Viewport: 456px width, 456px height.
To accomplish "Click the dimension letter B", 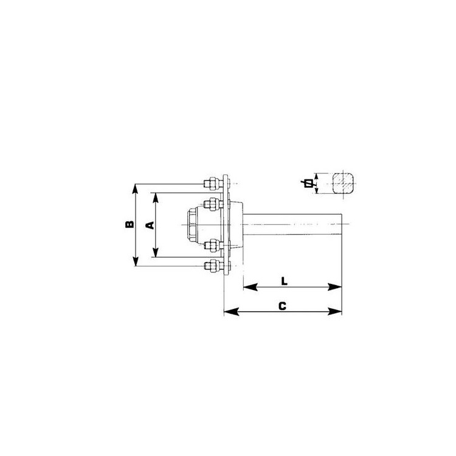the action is (130, 224).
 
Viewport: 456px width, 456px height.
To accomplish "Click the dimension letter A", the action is (150, 225).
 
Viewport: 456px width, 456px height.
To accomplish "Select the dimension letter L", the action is (284, 282).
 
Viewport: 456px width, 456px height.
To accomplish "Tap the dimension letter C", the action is (282, 306).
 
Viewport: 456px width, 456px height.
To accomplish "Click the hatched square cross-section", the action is (344, 184).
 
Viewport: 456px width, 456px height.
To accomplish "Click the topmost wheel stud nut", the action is (212, 184).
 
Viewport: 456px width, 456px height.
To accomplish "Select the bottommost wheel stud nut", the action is (212, 266).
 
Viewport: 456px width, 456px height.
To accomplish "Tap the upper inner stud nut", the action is (212, 204).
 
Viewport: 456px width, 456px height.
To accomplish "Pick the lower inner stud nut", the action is (212, 246).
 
